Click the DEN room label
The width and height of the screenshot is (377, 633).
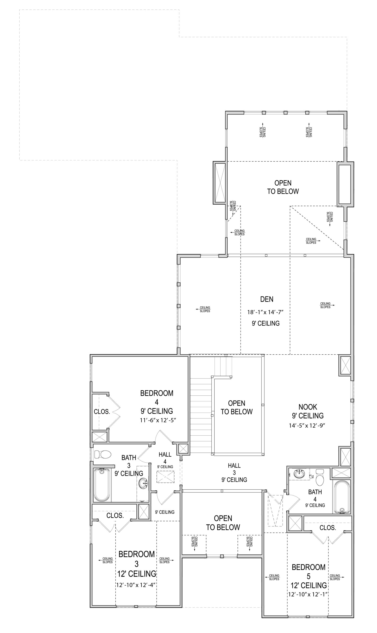click(267, 299)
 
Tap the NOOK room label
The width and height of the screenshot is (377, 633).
click(308, 407)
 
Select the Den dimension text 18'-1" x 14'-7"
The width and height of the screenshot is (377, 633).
click(265, 312)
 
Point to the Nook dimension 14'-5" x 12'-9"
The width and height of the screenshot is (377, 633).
click(307, 425)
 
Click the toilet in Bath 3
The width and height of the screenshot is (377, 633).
click(103, 454)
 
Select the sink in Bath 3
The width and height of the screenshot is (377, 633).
click(143, 483)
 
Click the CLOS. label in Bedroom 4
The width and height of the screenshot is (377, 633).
click(102, 412)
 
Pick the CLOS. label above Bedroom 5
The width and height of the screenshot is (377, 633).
click(328, 528)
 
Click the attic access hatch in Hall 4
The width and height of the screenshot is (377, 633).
click(165, 476)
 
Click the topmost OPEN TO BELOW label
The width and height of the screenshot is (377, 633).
click(283, 187)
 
